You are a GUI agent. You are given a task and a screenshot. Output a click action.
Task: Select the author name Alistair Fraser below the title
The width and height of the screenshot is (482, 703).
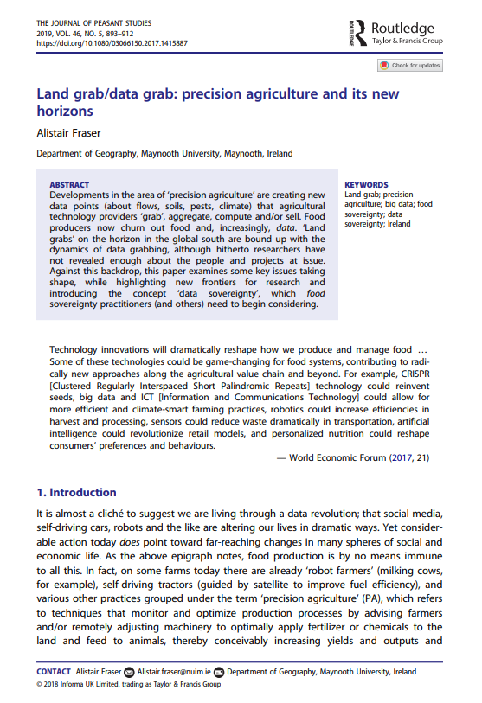pyautogui.click(x=68, y=134)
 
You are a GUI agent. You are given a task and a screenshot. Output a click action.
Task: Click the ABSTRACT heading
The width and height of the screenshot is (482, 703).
pyautogui.click(x=69, y=185)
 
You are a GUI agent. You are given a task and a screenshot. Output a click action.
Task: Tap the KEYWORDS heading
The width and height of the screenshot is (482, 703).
pyautogui.click(x=366, y=185)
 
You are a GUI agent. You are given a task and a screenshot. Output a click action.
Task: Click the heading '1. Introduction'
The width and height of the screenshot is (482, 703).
pyautogui.click(x=76, y=493)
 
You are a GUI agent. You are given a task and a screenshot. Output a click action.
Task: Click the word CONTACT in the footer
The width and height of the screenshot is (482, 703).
pyautogui.click(x=53, y=671)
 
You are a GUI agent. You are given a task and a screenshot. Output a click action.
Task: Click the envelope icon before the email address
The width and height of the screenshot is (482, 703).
pyautogui.click(x=130, y=671)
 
